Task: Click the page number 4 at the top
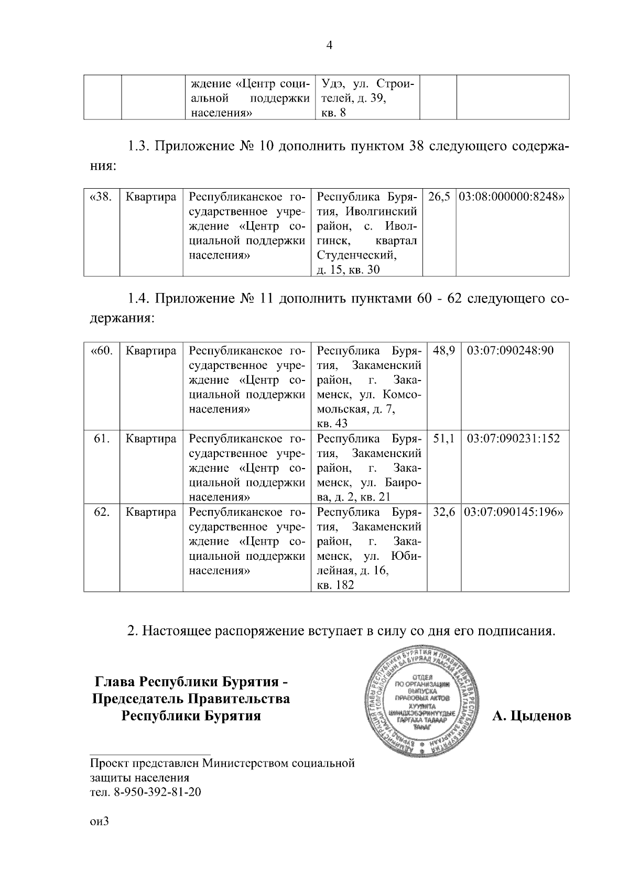[x=329, y=46]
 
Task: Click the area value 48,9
[x=444, y=351]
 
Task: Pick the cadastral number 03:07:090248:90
[x=510, y=351]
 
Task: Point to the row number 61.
[x=101, y=439]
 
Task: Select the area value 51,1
[x=444, y=439]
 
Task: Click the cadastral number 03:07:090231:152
[x=513, y=439]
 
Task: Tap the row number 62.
[x=101, y=512]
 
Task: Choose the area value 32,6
[x=444, y=512]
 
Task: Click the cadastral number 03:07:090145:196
[x=513, y=512]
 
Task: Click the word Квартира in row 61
[x=151, y=439]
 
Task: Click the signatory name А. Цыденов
[x=531, y=716]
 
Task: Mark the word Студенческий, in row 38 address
[x=356, y=255]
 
